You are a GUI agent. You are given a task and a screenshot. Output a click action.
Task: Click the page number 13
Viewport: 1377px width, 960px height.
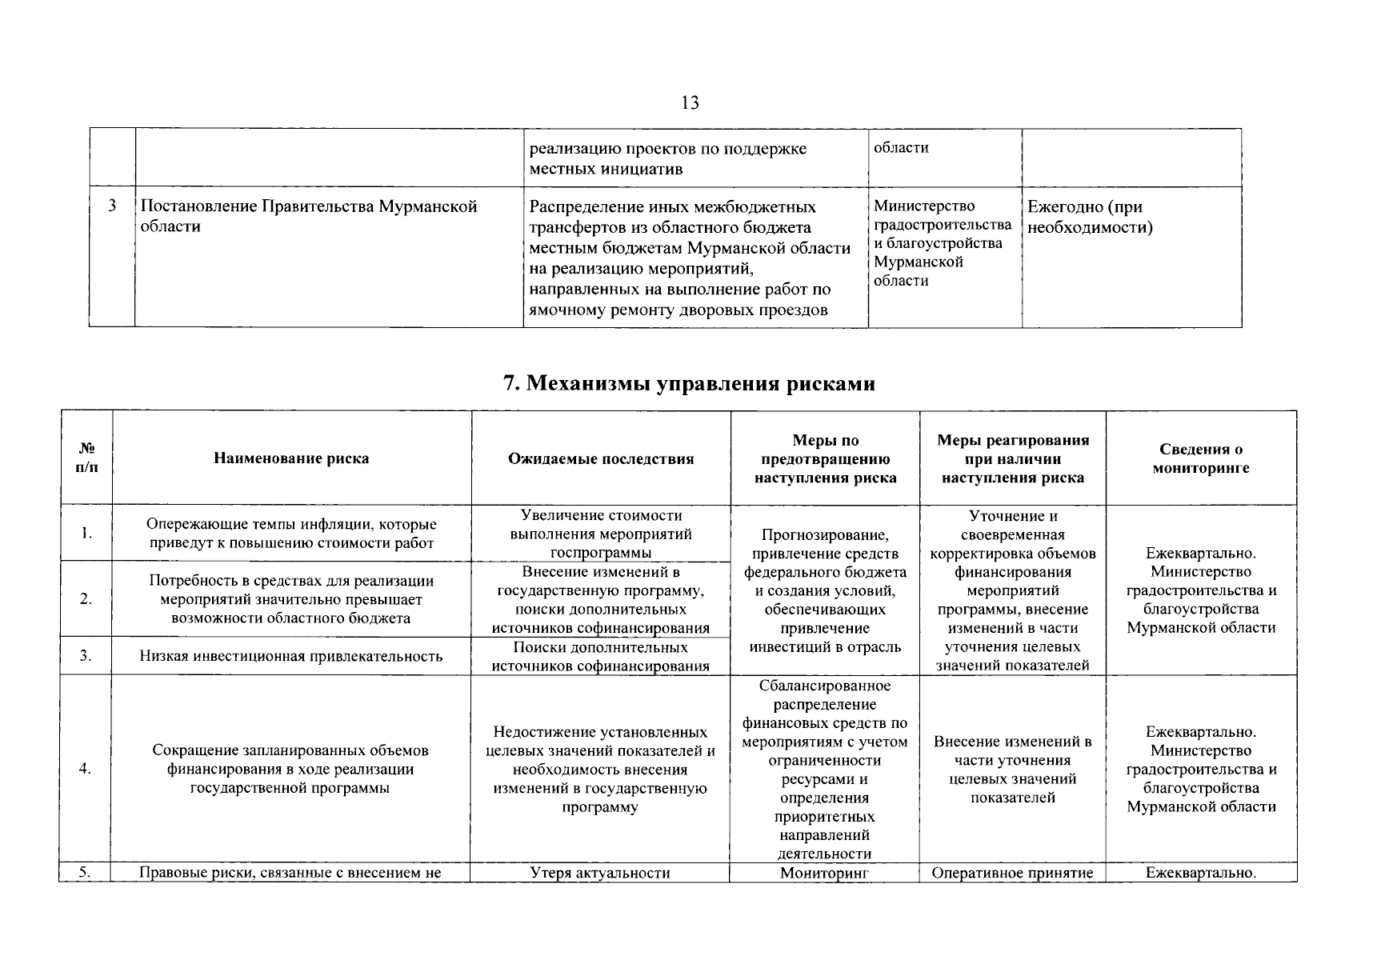point(690,102)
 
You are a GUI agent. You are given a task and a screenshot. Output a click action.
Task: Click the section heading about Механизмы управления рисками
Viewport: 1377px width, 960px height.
point(689,383)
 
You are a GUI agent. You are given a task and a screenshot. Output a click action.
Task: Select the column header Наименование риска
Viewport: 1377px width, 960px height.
point(291,458)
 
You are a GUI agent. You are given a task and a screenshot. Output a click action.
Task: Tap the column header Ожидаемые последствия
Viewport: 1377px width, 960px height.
point(601,458)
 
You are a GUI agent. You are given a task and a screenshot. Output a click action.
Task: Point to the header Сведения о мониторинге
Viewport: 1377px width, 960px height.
point(1200,458)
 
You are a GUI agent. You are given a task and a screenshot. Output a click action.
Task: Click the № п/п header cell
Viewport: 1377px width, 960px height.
point(86,458)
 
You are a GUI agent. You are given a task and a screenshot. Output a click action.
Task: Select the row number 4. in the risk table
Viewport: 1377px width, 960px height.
point(86,769)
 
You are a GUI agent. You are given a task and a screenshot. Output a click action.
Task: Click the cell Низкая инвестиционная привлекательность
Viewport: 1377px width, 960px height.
point(291,656)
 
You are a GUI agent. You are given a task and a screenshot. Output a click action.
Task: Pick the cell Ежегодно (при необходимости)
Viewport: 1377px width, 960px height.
point(1090,217)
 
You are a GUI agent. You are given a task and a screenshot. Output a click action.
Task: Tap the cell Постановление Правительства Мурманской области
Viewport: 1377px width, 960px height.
point(309,216)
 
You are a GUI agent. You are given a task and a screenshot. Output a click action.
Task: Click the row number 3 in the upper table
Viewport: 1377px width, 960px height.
point(112,206)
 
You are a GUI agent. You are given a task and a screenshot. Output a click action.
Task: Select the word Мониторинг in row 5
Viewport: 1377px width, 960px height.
point(824,873)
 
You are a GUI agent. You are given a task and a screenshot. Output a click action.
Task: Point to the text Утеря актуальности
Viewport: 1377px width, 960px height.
point(600,873)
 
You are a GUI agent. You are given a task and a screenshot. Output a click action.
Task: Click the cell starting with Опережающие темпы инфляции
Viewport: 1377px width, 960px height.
point(291,534)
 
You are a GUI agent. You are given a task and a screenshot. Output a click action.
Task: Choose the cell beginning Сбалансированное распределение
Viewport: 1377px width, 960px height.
point(824,769)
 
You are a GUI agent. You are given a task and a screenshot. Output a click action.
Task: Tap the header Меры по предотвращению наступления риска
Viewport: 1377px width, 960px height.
point(825,458)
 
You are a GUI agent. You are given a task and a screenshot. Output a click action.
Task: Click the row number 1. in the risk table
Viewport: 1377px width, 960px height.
point(86,534)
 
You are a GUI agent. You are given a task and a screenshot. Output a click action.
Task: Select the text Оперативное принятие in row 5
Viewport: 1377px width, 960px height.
point(1012,873)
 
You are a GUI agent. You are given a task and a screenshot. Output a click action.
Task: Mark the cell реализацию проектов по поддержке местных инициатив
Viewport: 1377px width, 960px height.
point(668,158)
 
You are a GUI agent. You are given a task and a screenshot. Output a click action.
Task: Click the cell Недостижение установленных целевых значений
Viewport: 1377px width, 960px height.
point(600,769)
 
